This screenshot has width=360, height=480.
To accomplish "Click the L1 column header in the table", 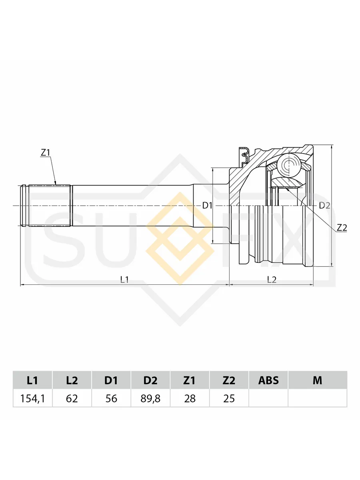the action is coord(32,380).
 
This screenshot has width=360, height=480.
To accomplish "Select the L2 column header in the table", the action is coord(72,380).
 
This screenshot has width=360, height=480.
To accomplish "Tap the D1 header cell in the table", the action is coord(111,380).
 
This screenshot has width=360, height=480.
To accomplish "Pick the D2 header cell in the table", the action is coord(150,380).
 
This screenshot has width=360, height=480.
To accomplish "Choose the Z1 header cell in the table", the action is coord(190,380).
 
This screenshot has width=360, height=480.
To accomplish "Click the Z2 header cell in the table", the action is coord(229,380).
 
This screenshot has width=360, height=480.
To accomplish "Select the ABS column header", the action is coord(268,380).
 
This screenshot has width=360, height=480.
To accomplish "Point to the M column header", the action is coord(317,380).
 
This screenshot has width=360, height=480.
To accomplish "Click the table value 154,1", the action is coord(32,399).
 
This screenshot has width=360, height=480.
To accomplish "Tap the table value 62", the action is coord(72,399).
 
